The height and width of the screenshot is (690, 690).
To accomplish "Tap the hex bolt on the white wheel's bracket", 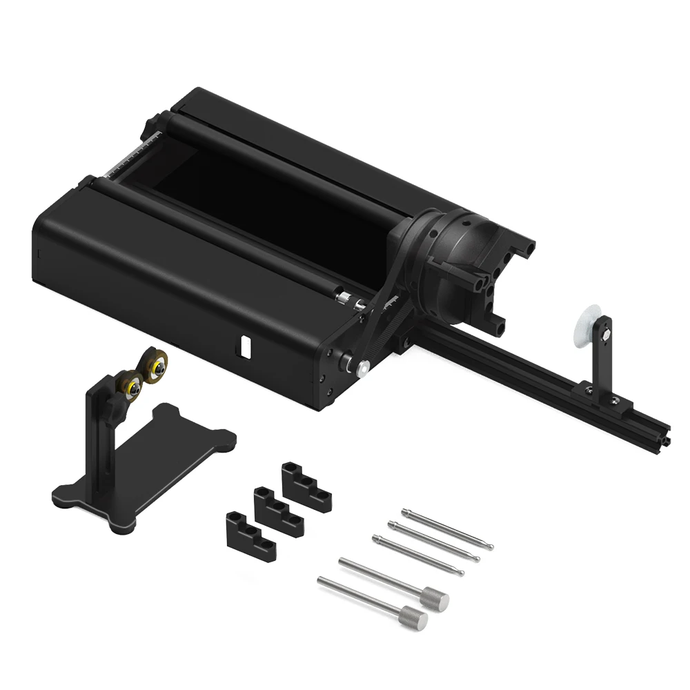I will [x=605, y=336].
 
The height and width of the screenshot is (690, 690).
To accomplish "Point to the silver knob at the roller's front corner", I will [x=360, y=367].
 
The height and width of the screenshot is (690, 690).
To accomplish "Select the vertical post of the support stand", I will [x=96, y=442].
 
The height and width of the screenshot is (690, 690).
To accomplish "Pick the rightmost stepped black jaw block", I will [x=306, y=486].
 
